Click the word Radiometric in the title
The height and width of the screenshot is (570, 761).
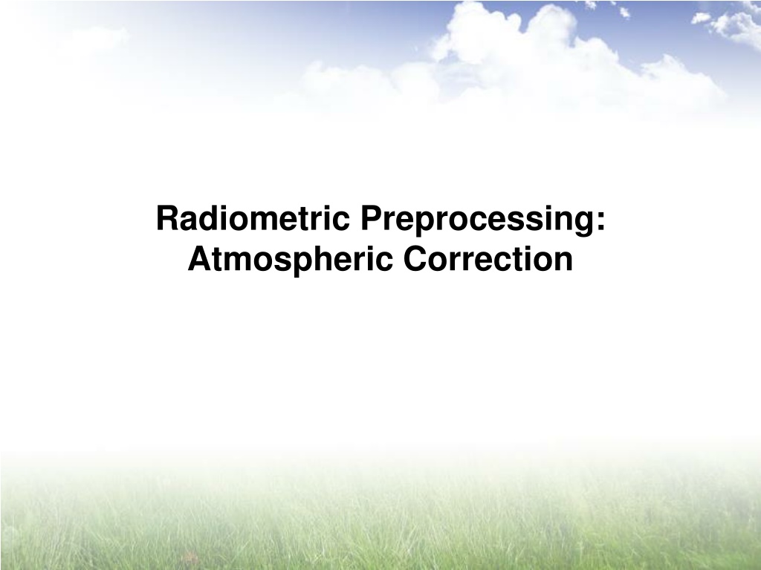tap(253, 218)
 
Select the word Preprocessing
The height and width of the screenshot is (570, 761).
tap(477, 220)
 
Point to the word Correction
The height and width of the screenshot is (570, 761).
tap(488, 259)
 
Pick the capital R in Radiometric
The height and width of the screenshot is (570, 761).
tap(168, 218)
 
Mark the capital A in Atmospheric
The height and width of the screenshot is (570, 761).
tap(200, 258)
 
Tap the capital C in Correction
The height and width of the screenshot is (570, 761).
tap(416, 258)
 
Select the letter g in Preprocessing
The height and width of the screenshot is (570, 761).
tap(584, 225)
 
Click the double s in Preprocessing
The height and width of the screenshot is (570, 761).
tap(528, 221)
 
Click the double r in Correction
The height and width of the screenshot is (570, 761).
tap(461, 262)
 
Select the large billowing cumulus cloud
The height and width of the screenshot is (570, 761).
tap(558, 53)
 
